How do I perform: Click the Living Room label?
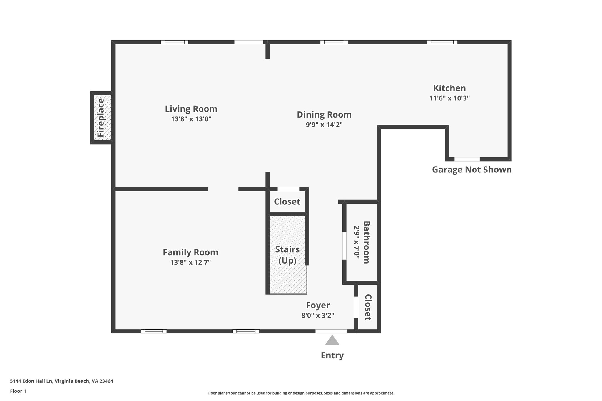point(191,109)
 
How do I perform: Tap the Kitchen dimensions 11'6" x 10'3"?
point(449,98)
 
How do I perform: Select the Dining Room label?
point(324,115)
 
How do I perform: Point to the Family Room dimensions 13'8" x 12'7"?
point(190,262)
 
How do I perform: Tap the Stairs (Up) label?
point(287,255)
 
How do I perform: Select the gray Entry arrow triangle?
point(332,340)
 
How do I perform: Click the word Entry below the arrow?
point(332,355)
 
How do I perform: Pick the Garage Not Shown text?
point(471,170)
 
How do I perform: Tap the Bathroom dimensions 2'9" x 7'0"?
point(357,242)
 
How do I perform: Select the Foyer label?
point(318,306)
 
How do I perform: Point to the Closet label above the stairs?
point(287,202)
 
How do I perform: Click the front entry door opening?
point(331,331)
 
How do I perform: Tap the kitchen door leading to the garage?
point(467,159)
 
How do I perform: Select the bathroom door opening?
point(344,246)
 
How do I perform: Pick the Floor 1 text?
point(18,391)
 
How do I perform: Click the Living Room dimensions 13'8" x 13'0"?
point(191,119)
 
